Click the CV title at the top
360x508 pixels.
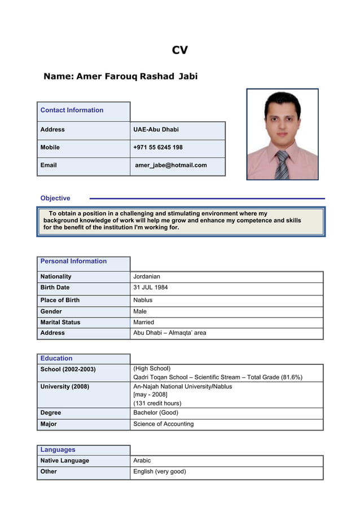179,50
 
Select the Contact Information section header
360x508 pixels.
72,111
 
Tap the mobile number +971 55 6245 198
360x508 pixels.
157,148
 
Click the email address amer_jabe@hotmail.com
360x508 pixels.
171,165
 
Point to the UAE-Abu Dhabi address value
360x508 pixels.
156,130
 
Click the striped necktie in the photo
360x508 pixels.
282,165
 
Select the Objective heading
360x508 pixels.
55,198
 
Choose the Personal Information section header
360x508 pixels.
73,262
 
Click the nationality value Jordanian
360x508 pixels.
147,277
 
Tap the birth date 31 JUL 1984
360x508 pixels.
150,288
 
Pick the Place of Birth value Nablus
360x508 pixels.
143,300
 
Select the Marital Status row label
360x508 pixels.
60,323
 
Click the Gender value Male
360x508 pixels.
140,311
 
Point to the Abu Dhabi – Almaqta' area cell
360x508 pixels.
169,333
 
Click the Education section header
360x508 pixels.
56,359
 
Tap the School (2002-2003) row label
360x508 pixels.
68,370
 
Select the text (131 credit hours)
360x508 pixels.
157,403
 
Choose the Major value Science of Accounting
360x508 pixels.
163,424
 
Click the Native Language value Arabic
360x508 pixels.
142,461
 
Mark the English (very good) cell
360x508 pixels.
159,471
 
